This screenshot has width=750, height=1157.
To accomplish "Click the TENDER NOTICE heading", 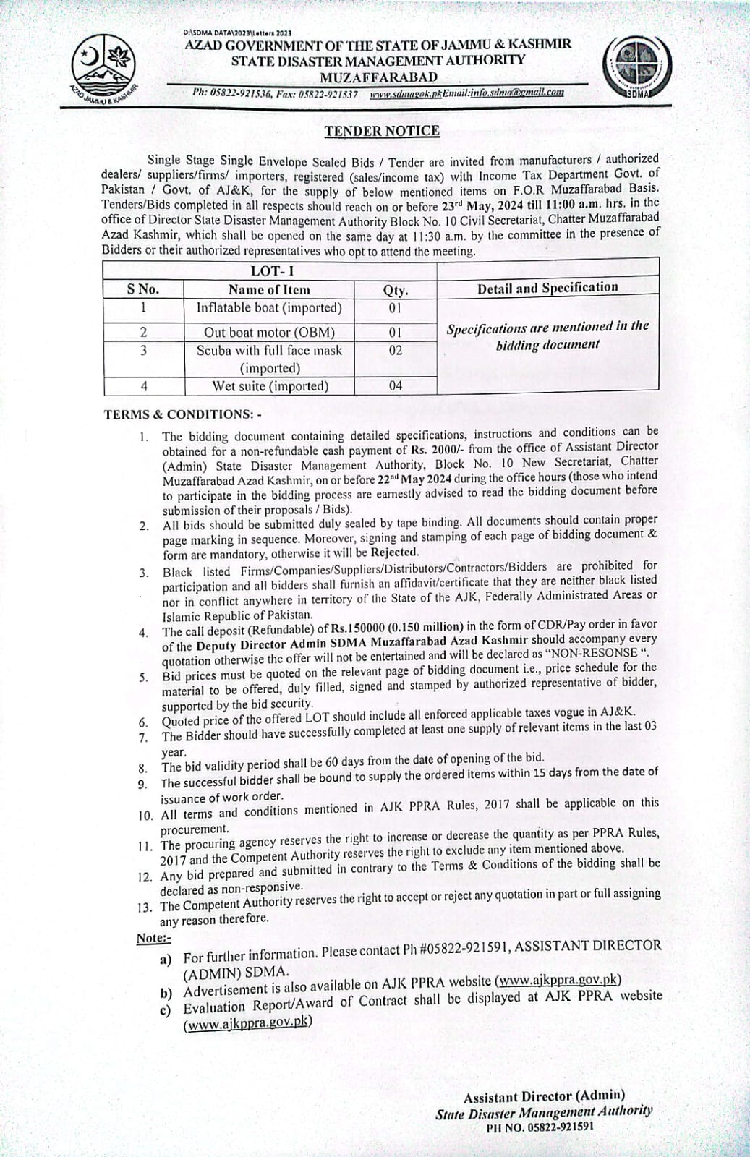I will click(381, 131).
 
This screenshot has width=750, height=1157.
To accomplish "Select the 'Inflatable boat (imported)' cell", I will click(269, 308).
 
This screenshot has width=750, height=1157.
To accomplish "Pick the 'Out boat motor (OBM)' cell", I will click(269, 333).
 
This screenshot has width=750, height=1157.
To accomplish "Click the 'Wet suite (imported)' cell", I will click(269, 386).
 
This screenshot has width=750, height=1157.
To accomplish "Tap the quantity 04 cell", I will click(395, 386).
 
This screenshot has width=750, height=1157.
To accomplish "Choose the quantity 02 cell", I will click(395, 351).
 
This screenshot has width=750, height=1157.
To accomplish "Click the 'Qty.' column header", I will click(395, 290).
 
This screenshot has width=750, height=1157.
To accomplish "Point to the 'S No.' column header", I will click(143, 289).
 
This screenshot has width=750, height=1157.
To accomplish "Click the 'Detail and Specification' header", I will click(547, 288).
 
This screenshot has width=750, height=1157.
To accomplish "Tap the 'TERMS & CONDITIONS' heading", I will click(182, 414).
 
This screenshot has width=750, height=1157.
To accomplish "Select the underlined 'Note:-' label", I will click(154, 938).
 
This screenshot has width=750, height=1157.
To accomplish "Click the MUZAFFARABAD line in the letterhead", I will click(378, 77).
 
